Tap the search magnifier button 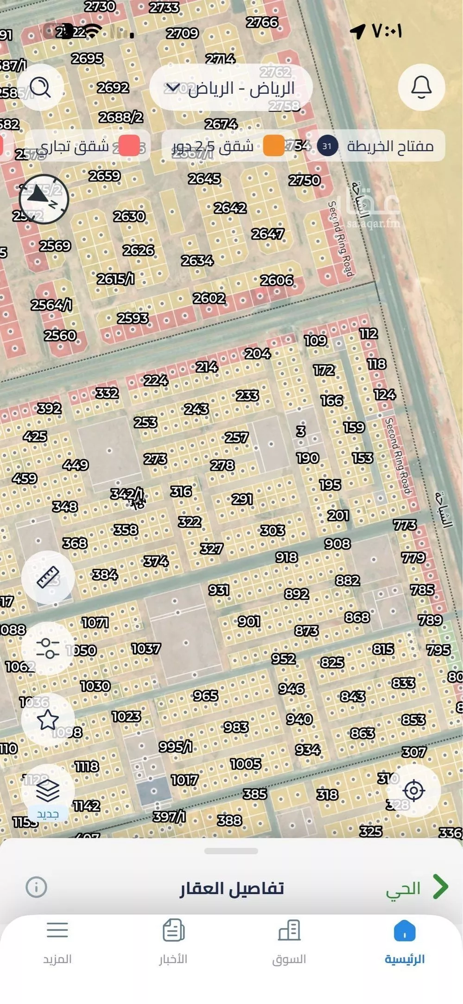(40, 87)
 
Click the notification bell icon (421, 87)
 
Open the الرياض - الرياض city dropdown (231, 88)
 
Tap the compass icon (44, 199)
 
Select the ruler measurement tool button (48, 577)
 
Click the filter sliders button (48, 648)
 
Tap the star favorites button (48, 720)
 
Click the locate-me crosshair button (414, 790)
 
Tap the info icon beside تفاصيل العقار (36, 887)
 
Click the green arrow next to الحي (440, 887)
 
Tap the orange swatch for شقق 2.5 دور (273, 146)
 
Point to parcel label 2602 (209, 298)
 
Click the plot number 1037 (146, 648)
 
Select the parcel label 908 (337, 543)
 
